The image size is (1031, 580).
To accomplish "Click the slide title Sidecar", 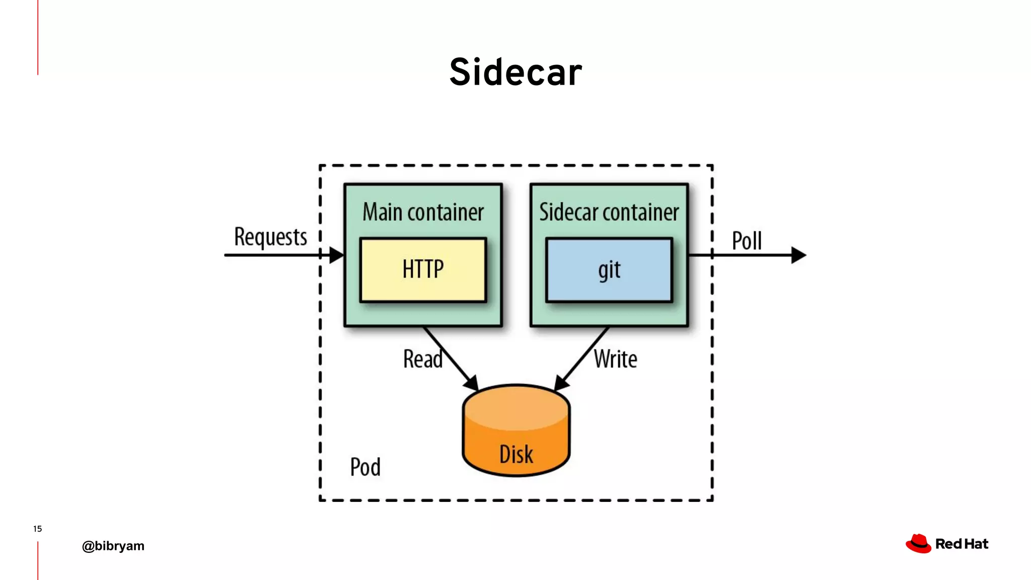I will pos(515,72).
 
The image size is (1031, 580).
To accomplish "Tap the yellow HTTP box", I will pos(423,270).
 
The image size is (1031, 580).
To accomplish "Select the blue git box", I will pos(609,270).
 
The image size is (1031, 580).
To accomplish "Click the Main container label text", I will pos(423,212).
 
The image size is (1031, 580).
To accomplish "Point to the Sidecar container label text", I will pos(609,212).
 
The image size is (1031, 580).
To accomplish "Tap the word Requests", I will pos(270,237).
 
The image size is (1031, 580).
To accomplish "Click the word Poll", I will pos(747,241).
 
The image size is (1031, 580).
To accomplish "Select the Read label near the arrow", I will pos(422,359).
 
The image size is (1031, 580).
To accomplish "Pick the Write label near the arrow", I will pos(615,359).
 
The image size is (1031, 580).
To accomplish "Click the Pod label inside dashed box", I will pos(365,467).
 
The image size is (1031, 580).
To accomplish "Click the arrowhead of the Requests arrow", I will pos(336,255).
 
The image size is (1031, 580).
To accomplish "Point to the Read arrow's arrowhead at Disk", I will pos(472,383).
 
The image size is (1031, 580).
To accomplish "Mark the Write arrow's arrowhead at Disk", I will pos(561,383).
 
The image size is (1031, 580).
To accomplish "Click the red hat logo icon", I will pos(918,544).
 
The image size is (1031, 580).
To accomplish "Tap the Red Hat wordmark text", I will pos(962,544).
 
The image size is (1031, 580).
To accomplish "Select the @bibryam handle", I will pos(113,546).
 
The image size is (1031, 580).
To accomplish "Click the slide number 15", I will pos(37,529).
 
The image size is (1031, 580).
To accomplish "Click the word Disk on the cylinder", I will pos(516,454).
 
